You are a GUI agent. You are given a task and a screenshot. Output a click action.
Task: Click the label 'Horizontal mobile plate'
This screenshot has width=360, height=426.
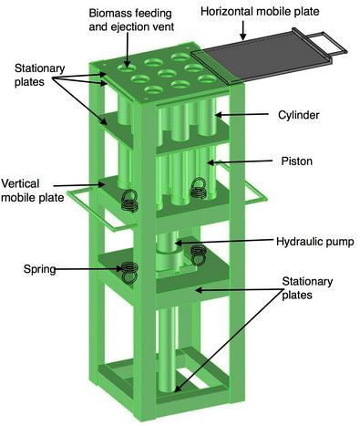(x=260, y=12)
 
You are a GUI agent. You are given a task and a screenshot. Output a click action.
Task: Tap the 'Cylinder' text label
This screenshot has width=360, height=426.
(x=299, y=115)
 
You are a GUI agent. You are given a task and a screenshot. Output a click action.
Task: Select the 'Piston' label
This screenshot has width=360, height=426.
(x=297, y=161)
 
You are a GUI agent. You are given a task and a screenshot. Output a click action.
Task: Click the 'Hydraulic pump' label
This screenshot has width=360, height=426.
(x=315, y=242)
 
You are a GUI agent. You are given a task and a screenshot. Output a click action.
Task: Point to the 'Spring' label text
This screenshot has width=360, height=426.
(x=40, y=269)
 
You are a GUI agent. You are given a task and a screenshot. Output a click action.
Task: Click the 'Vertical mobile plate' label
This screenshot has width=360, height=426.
(x=33, y=191)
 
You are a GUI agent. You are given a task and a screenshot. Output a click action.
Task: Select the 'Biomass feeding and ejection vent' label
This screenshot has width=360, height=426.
(x=131, y=20)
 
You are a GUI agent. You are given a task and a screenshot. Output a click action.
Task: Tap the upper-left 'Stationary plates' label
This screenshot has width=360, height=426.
(x=39, y=75)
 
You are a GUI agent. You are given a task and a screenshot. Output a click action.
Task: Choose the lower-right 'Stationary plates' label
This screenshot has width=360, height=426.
(x=307, y=288)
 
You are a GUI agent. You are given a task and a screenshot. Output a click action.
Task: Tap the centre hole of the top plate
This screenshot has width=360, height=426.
(x=167, y=73)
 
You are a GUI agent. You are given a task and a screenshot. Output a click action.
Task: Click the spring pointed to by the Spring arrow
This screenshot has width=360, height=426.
(x=130, y=272)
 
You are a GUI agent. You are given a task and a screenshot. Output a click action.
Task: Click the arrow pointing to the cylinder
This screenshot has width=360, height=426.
(x=242, y=115)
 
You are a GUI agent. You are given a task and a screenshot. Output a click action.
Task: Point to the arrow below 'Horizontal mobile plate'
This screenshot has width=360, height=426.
(x=242, y=30)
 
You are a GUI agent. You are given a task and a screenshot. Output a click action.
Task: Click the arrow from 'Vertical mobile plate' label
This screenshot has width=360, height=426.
(x=79, y=184)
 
